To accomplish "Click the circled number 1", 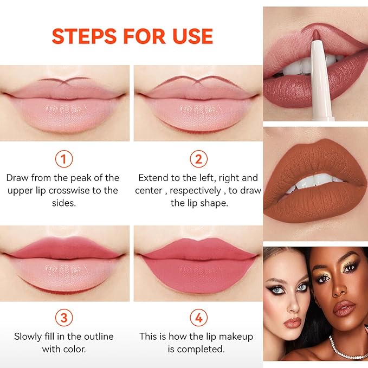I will [x=64, y=159].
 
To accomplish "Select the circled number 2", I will [x=198, y=159].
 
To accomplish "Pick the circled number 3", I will [x=64, y=318].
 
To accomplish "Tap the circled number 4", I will [x=198, y=318].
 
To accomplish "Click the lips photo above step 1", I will [x=64, y=103].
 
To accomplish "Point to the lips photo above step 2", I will [x=198, y=103].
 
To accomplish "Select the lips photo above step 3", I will [x=64, y=263].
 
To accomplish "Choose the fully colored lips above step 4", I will [x=198, y=263].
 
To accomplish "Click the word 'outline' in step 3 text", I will [x=92, y=337].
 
